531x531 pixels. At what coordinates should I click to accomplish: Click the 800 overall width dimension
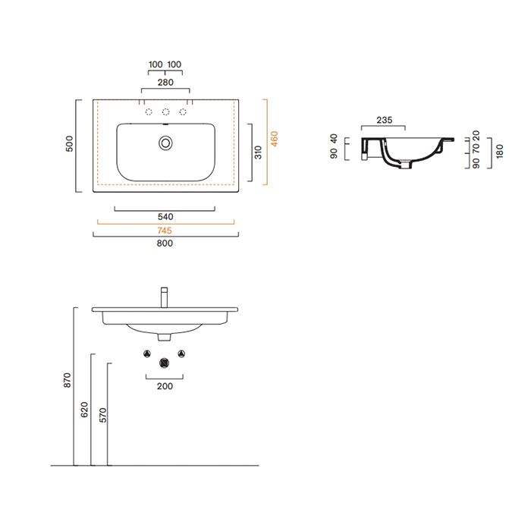(x=165, y=244)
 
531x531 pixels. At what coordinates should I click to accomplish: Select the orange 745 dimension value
(x=165, y=231)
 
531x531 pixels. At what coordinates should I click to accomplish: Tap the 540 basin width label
(x=165, y=217)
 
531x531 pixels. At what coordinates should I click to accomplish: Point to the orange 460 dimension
(x=275, y=139)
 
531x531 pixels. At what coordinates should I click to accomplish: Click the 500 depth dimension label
(x=69, y=143)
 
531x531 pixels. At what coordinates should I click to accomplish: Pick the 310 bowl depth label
(x=259, y=152)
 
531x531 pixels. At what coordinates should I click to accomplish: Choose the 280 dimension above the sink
(x=165, y=82)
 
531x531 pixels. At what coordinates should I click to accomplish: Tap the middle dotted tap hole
(x=165, y=112)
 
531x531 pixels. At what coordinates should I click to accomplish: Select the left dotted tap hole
(x=149, y=112)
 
